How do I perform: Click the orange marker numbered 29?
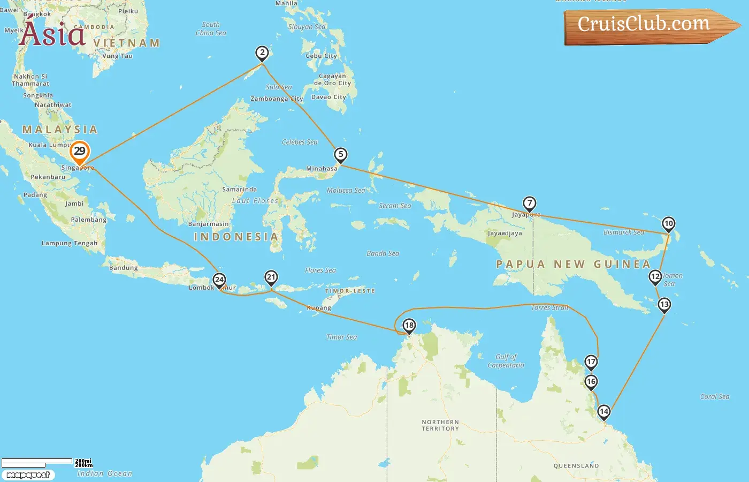[80, 152]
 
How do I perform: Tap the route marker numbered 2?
[262, 53]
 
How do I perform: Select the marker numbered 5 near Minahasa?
[341, 155]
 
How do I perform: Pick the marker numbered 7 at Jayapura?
[529, 204]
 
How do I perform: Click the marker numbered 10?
[668, 224]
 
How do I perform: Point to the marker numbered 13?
[664, 305]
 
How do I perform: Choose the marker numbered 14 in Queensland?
[603, 412]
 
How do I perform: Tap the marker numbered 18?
[409, 326]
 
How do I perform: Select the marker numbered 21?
[271, 277]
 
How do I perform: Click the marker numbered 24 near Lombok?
[219, 280]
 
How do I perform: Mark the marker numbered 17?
[591, 362]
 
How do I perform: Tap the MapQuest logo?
[28, 475]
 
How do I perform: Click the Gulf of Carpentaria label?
[506, 361]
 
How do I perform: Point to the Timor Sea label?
[341, 337]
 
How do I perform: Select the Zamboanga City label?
[277, 99]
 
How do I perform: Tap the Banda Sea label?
[383, 253]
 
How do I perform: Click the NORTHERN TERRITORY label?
[440, 425]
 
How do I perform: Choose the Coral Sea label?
[715, 396]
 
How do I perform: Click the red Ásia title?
[52, 34]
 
